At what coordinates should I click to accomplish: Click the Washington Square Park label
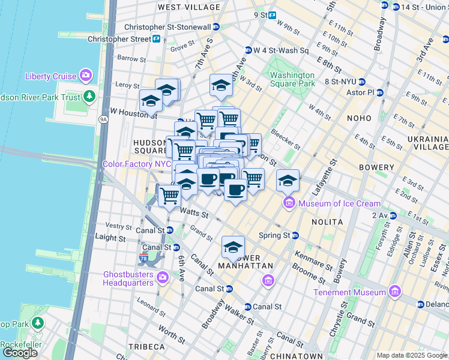pyautogui.click(x=292, y=79)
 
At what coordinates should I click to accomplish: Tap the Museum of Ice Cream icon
pyautogui.click(x=289, y=203)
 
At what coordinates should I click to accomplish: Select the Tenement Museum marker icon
pyautogui.click(x=394, y=292)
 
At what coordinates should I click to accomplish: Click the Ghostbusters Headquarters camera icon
pyautogui.click(x=162, y=278)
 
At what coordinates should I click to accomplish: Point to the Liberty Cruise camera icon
pyautogui.click(x=86, y=76)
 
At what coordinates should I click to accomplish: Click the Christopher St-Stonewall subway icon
pyautogui.click(x=216, y=27)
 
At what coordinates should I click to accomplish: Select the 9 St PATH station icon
pyautogui.click(x=272, y=15)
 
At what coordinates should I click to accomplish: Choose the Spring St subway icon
pyautogui.click(x=295, y=235)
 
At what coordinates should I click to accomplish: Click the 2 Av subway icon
pyautogui.click(x=394, y=215)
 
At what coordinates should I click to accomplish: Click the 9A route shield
pyautogui.click(x=103, y=119)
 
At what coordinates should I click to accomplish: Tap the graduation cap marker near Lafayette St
pyautogui.click(x=288, y=181)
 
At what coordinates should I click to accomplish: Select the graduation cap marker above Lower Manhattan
pyautogui.click(x=233, y=247)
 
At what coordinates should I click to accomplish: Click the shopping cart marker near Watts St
pyautogui.click(x=170, y=196)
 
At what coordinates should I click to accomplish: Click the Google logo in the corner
pyautogui.click(x=20, y=352)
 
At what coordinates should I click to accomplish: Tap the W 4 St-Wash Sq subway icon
pyautogui.click(x=248, y=50)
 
